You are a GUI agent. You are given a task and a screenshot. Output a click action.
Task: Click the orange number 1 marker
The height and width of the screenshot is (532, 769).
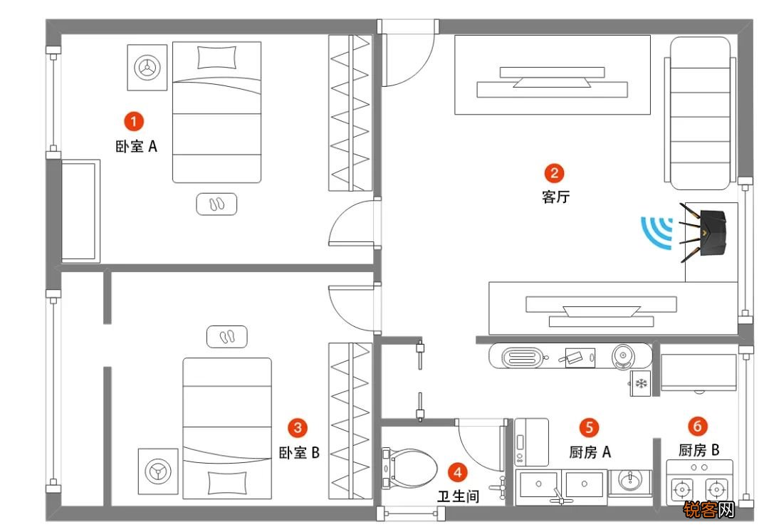click(133, 121)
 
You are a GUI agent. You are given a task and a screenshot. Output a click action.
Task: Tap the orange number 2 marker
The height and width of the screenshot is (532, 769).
click(554, 172)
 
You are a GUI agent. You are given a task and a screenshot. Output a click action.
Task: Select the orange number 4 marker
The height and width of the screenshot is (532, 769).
click(458, 473)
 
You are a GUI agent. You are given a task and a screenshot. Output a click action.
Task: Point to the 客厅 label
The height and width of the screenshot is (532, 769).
click(555, 197)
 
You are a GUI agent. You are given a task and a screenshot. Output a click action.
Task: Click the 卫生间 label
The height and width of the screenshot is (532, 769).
click(458, 496)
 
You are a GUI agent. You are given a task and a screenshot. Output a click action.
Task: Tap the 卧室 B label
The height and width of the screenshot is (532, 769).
click(299, 452)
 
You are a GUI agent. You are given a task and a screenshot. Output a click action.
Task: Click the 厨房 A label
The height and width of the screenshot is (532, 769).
click(590, 452)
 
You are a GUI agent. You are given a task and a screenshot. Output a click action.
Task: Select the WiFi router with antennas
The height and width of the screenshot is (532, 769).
click(703, 232)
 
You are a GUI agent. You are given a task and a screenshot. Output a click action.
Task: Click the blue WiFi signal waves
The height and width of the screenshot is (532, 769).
click(656, 232)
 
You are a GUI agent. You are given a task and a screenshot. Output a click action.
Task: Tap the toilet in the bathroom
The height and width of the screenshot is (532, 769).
click(410, 468)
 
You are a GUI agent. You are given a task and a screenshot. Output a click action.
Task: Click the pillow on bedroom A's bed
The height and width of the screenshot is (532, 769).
click(216, 58)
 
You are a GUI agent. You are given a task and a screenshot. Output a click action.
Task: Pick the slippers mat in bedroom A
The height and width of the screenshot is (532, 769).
click(216, 204)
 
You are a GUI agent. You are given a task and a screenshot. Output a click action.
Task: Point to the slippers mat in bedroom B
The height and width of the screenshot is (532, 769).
click(226, 337)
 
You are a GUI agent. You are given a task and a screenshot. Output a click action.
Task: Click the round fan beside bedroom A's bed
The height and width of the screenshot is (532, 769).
click(147, 67)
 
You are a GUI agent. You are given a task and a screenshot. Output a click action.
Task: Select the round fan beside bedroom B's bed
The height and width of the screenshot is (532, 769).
click(158, 471)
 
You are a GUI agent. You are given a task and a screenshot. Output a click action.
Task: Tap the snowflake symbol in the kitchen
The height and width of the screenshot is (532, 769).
click(641, 383)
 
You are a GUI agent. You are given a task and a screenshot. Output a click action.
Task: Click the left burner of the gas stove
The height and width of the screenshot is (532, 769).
click(682, 489)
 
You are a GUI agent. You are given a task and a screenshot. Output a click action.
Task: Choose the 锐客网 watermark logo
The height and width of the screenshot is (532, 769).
click(709, 510)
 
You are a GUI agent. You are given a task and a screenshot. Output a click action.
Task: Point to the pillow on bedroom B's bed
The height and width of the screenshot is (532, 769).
click(227, 482)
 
